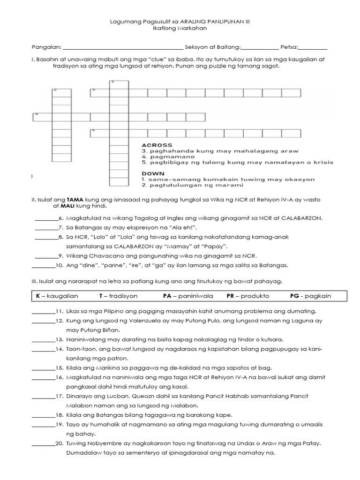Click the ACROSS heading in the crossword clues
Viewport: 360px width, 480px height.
pos(157,145)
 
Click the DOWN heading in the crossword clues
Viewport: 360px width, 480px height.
pos(152,173)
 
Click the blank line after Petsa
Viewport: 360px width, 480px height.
pos(313,47)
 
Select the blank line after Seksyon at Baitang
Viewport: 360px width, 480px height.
pos(259,47)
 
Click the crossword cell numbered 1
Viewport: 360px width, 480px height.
pos(119,84)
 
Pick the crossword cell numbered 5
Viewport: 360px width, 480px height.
pos(99,133)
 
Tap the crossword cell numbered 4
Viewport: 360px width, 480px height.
pos(42,117)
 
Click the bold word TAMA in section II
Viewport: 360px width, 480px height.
pos(74,199)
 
